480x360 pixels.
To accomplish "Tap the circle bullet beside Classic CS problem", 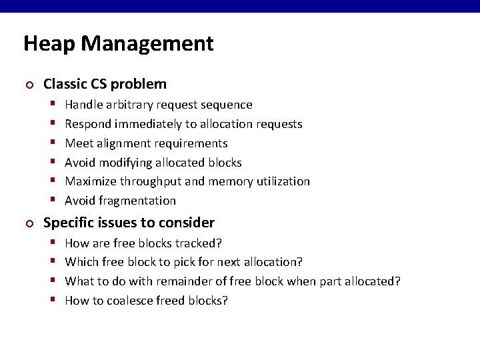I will pyautogui.click(x=28, y=85).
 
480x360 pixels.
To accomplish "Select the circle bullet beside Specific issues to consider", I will pyautogui.click(x=28, y=223).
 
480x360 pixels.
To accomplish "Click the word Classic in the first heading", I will pyautogui.click(x=65, y=84).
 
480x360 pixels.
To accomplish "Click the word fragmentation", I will pyautogui.click(x=139, y=201).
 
